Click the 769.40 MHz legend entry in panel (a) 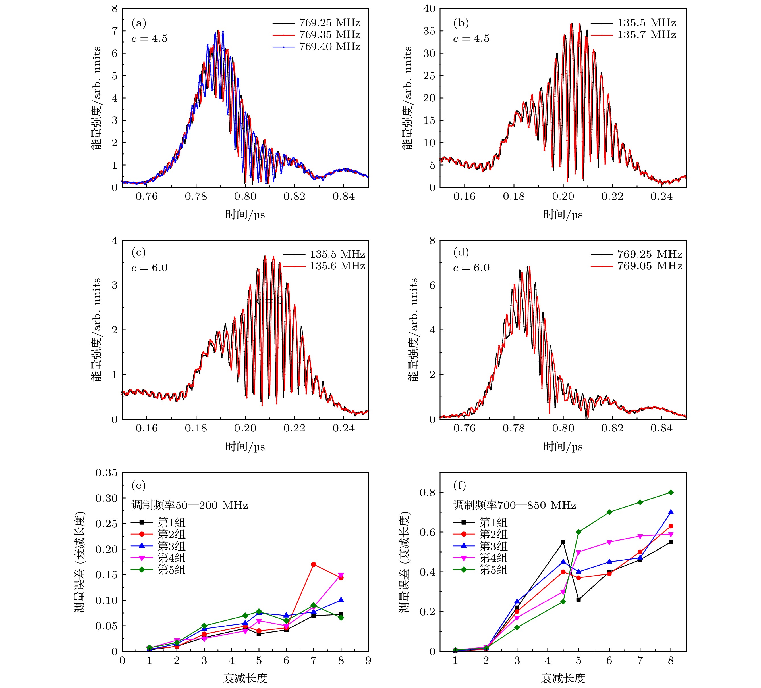(x=329, y=47)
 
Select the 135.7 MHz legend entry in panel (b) (x=646, y=35)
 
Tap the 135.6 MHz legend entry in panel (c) (x=337, y=266)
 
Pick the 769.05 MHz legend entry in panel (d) (x=649, y=266)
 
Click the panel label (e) (x=138, y=485)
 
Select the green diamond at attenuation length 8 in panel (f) (x=671, y=492)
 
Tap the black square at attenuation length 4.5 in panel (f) (x=563, y=542)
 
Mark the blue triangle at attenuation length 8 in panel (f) (x=671, y=512)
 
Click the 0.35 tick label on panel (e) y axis (x=106, y=473)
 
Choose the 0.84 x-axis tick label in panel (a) (x=343, y=197)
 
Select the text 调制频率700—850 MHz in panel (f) (x=515, y=505)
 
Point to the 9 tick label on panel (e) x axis (x=368, y=661)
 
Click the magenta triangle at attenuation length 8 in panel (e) (x=341, y=576)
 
